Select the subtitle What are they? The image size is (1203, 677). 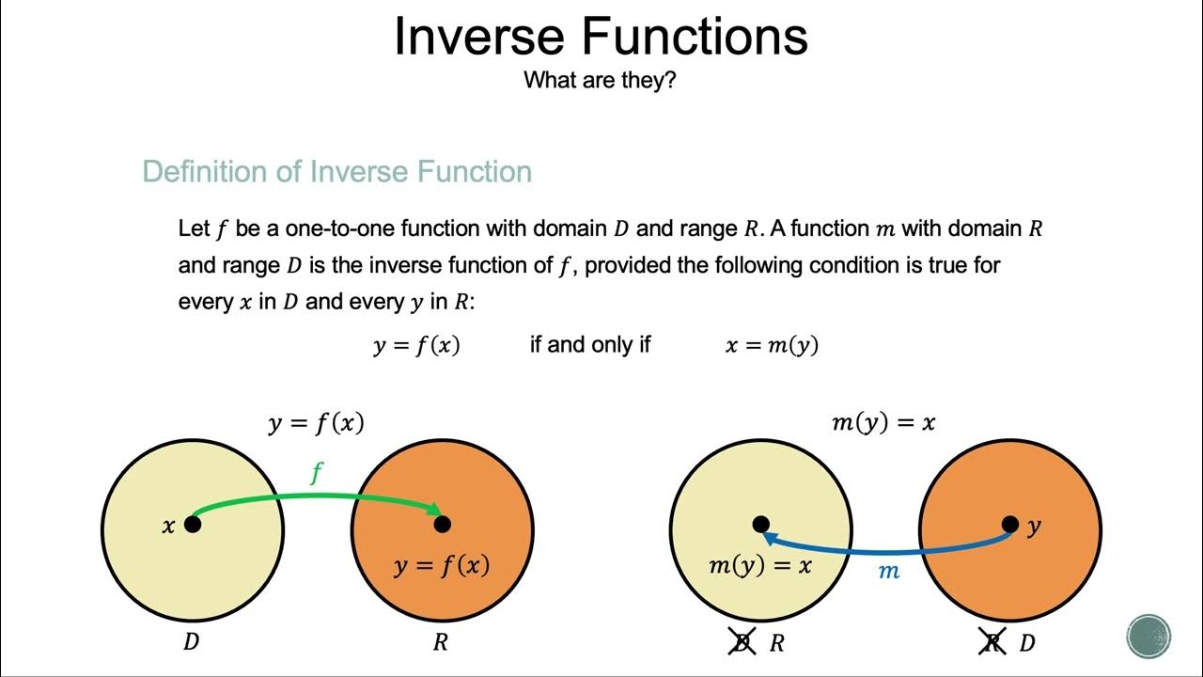coord(600,80)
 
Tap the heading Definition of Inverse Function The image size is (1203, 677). coord(336,172)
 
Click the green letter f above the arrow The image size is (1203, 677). coord(317,473)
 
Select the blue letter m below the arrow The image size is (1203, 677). coord(888,571)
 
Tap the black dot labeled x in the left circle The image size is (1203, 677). coord(193,524)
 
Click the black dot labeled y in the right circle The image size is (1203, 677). coord(1010,524)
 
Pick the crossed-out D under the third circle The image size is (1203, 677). coord(742,644)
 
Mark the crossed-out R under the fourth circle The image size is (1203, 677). coord(992,644)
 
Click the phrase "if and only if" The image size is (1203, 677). coord(589,345)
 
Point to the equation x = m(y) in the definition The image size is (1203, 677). coord(772,345)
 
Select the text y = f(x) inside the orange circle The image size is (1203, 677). coord(442,567)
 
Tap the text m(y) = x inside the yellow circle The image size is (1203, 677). coord(759,566)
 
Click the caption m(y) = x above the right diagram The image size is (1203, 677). coord(883,422)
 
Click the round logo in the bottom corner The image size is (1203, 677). coord(1148,635)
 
